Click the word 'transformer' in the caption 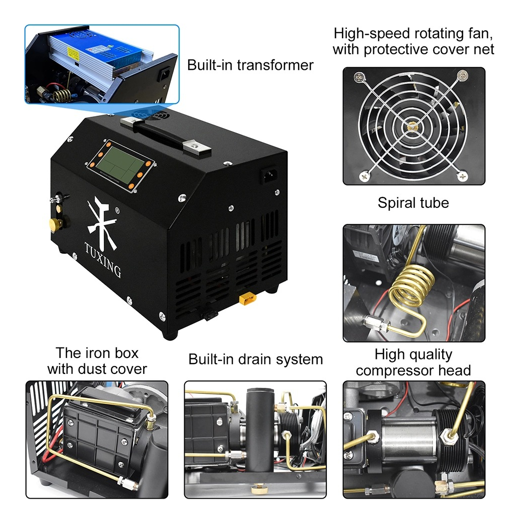pos(275,65)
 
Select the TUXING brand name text pos(102,260)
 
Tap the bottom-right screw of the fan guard pos(462,175)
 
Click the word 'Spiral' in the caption pos(393,203)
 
